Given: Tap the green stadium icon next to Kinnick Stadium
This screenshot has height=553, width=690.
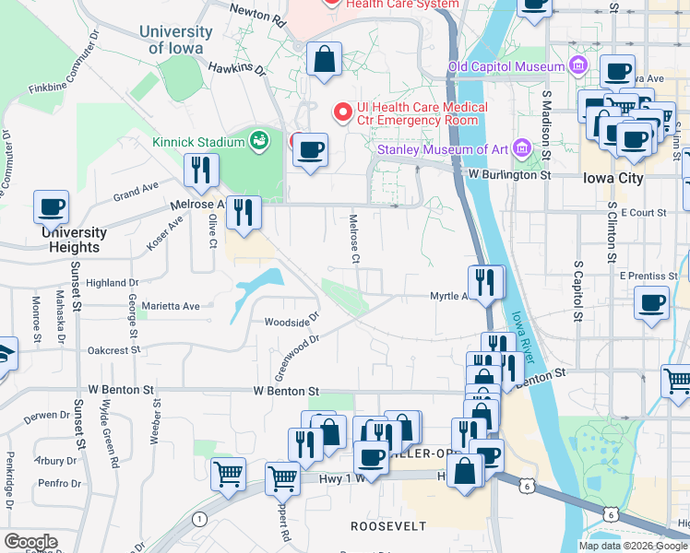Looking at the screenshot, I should tap(259, 141).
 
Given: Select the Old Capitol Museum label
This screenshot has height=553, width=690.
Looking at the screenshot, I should tap(506, 66).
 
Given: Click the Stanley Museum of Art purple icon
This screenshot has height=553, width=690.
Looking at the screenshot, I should tap(522, 148).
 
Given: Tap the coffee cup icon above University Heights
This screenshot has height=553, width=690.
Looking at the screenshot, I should tap(52, 206).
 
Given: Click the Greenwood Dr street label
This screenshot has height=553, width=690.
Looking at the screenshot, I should tap(296, 359).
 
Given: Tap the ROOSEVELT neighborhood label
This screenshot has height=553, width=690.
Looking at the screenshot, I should tap(388, 525).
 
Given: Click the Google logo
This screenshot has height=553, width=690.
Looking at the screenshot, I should tap(30, 542).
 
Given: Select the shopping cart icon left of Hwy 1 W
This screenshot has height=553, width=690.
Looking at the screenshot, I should tap(228, 474).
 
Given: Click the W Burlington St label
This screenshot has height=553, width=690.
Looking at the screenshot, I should tap(509, 173).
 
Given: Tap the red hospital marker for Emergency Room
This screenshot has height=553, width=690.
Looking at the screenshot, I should tap(343, 112).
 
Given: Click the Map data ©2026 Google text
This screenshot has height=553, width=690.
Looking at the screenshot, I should tap(632, 546).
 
